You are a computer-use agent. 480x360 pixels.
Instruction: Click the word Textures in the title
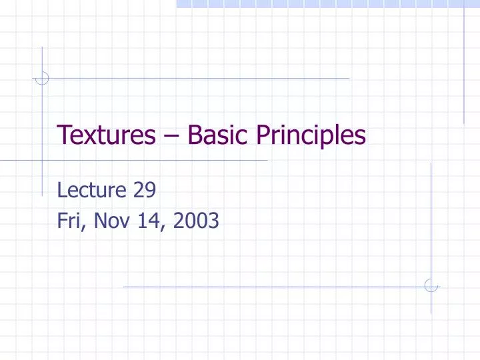(x=102, y=135)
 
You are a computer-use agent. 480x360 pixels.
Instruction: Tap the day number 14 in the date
(x=147, y=219)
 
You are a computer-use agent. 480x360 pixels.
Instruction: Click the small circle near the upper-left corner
(x=42, y=78)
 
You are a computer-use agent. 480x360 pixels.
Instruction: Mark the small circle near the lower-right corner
(x=431, y=286)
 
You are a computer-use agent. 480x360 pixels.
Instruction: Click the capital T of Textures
(x=64, y=135)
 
